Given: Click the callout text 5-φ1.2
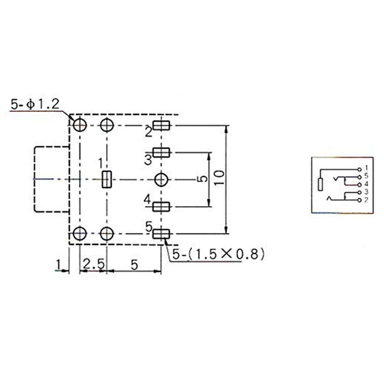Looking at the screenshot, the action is point(35,104).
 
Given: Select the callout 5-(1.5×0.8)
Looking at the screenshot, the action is point(218,254).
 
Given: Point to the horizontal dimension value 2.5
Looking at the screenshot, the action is point(93,264).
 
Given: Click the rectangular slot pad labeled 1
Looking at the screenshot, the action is point(107,179).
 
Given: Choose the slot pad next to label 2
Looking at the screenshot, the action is point(161,125).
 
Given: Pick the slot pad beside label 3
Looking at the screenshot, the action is point(161,152).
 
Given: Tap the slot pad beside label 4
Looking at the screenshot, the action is point(161,207).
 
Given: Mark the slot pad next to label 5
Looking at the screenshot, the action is point(161,234).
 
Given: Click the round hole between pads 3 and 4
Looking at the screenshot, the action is point(161,180).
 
